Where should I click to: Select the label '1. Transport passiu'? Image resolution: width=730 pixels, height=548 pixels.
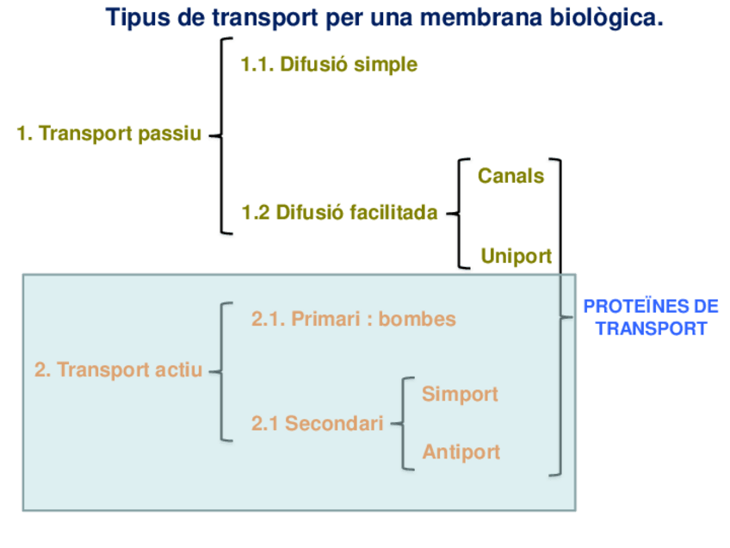(108, 134)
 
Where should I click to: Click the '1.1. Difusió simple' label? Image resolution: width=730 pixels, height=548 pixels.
(329, 65)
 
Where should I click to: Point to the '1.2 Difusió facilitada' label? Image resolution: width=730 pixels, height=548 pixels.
(340, 212)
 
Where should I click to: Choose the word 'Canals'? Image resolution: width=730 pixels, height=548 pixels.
(511, 176)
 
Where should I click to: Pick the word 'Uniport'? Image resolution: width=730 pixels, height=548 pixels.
(517, 256)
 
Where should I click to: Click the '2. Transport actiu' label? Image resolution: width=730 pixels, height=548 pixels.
(118, 371)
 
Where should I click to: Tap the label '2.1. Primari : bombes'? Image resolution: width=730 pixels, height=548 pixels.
(353, 319)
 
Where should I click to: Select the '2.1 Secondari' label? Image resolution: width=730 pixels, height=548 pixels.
(317, 423)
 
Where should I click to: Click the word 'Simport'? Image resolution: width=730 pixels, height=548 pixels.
(460, 394)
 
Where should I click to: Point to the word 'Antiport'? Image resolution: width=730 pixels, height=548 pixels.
(461, 451)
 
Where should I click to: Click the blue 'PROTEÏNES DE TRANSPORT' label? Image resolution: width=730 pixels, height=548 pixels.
(651, 317)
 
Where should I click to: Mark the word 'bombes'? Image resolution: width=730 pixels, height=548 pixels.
(418, 319)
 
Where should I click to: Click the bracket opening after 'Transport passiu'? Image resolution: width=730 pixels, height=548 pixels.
(222, 135)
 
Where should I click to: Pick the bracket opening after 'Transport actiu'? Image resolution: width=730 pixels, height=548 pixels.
(222, 371)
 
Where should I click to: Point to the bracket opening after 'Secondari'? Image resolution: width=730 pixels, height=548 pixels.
(403, 423)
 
